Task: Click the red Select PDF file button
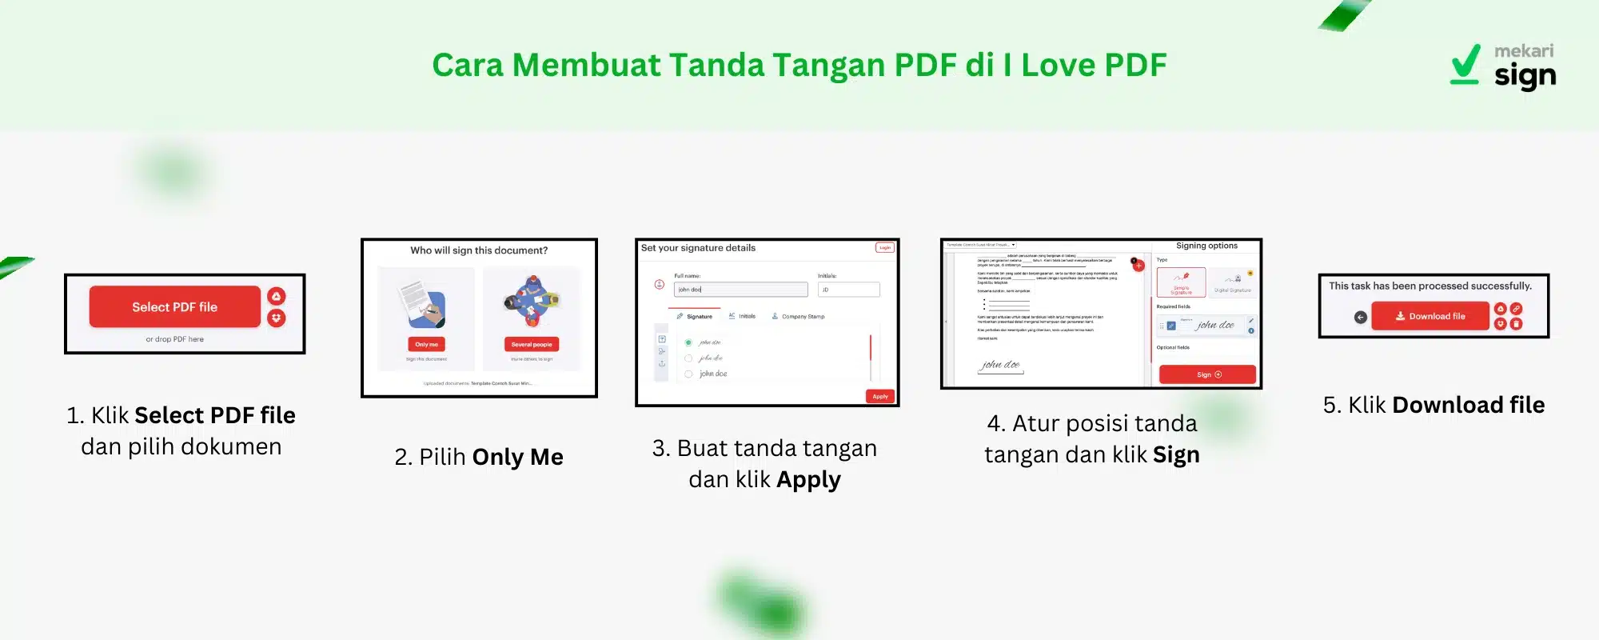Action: tap(174, 307)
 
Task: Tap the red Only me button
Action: tap(426, 345)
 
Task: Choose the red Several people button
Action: tap(532, 345)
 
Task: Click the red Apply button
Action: tap(879, 397)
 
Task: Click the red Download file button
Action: tap(1430, 317)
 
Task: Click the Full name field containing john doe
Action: tap(740, 290)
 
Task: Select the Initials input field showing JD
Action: tap(848, 290)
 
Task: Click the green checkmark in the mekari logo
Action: tap(1465, 64)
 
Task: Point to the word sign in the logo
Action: tap(1525, 77)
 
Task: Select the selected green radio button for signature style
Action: tap(688, 342)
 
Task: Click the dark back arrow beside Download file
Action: tap(1360, 318)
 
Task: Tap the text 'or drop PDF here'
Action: tap(174, 339)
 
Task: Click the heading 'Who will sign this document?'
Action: tap(479, 250)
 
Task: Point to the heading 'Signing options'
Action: tap(1206, 246)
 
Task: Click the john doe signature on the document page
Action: tap(1000, 365)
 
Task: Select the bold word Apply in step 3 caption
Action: tap(808, 479)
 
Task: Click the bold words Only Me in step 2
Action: tap(517, 457)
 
